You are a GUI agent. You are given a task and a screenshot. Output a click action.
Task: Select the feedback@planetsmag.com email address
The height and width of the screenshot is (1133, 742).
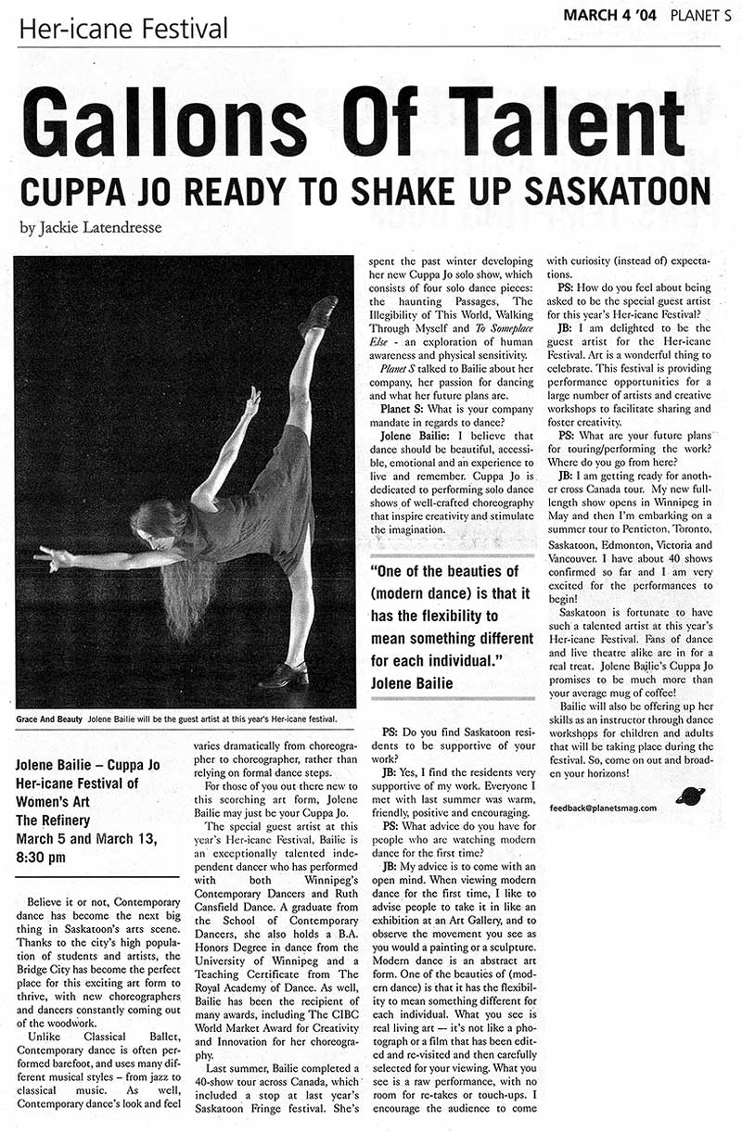tap(609, 808)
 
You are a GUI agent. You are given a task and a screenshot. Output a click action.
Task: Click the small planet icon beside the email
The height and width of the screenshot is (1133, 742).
tap(690, 796)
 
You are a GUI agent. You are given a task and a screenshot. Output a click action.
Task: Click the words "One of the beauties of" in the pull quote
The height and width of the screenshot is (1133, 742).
tap(444, 572)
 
